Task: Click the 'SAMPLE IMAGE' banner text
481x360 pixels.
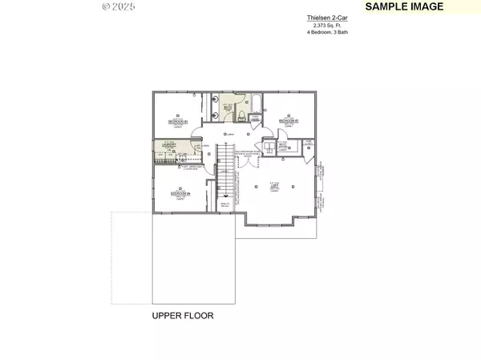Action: pos(404,6)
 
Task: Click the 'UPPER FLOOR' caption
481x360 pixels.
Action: pos(183,316)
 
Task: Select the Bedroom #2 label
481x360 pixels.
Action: pos(288,121)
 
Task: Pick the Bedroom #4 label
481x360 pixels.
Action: pos(179,193)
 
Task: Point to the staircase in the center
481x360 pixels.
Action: pos(225,172)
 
